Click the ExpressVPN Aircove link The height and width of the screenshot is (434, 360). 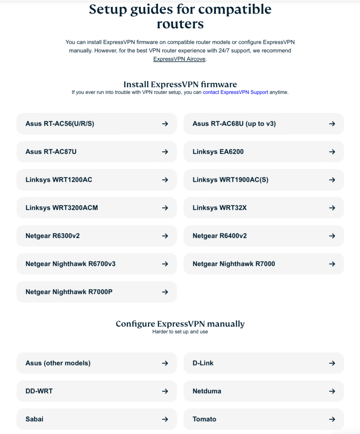pyautogui.click(x=179, y=59)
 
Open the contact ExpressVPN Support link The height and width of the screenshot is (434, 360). pyautogui.click(x=235, y=92)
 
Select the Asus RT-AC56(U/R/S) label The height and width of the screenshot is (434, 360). pyautogui.click(x=60, y=124)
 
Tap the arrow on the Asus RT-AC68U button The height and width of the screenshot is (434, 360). pyautogui.click(x=332, y=124)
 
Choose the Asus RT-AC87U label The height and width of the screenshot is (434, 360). pyautogui.click(x=51, y=152)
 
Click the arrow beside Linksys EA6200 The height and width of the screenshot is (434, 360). pyautogui.click(x=332, y=152)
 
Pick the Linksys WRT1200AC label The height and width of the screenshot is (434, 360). pyautogui.click(x=59, y=180)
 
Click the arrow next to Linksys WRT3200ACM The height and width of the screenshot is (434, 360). pyautogui.click(x=165, y=208)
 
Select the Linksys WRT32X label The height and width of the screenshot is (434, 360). pyautogui.click(x=219, y=208)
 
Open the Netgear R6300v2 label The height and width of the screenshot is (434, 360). pyautogui.click(x=53, y=236)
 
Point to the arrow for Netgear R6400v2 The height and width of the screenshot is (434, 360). pyautogui.click(x=332, y=236)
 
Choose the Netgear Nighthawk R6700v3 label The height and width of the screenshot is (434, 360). pyautogui.click(x=70, y=264)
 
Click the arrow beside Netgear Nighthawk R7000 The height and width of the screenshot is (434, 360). pyautogui.click(x=332, y=264)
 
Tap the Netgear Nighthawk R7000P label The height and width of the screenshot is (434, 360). pyautogui.click(x=69, y=292)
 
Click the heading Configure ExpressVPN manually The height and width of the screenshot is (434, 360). pyautogui.click(x=180, y=324)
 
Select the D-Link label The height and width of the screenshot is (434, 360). pyautogui.click(x=203, y=363)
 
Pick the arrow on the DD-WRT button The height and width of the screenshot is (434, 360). pyautogui.click(x=165, y=391)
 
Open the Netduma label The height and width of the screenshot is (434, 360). pyautogui.click(x=207, y=391)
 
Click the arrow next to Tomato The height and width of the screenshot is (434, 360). pyautogui.click(x=332, y=419)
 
